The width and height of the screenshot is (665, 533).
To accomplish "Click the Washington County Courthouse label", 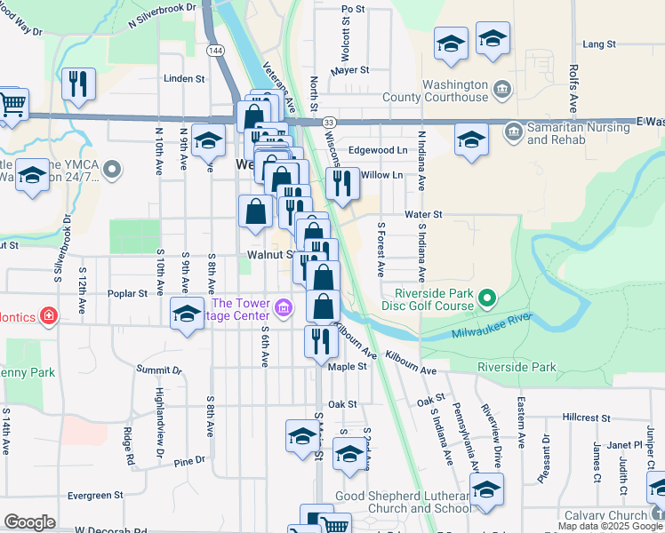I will [436, 91].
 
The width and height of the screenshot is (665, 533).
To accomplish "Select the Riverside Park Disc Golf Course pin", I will [487, 299].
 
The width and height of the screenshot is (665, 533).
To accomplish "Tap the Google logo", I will [29, 522].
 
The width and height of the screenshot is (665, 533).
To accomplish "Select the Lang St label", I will [599, 44].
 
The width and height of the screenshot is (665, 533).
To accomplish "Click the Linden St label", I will [184, 78].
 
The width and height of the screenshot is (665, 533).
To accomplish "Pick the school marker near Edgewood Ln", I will [471, 139].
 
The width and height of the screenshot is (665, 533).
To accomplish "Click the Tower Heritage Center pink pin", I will [284, 309].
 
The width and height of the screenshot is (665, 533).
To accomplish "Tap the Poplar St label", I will [130, 293].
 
